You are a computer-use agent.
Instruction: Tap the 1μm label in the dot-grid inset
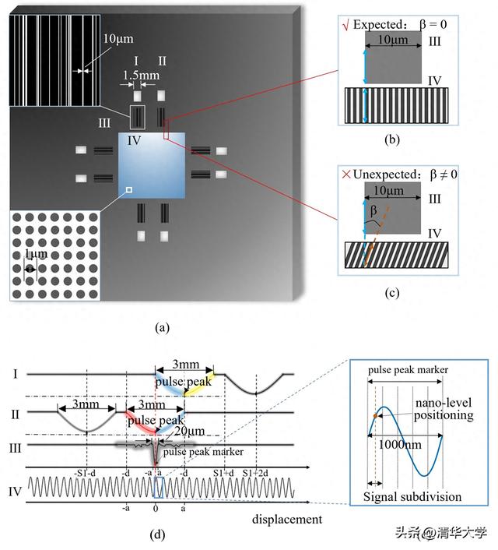click(x=33, y=255)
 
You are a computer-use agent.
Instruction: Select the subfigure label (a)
click(x=162, y=328)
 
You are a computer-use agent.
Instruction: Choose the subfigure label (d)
click(x=162, y=534)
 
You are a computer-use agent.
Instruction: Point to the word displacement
click(x=286, y=517)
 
